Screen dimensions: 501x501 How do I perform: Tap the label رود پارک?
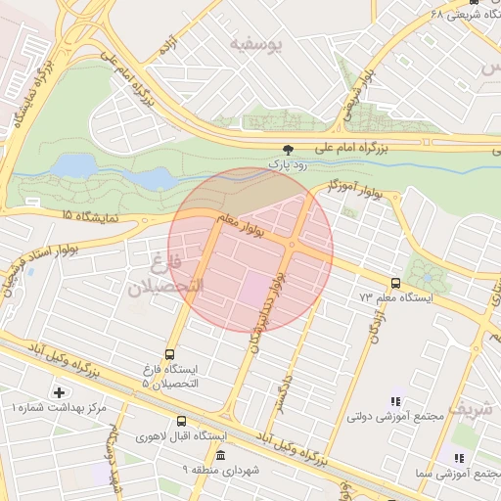288,166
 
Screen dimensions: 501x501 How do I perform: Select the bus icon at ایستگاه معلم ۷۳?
395,282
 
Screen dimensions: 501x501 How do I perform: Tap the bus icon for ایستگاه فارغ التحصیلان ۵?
171,354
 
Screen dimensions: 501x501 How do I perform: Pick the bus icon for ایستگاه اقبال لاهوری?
181,422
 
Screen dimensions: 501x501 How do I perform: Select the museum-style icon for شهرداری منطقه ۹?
220,456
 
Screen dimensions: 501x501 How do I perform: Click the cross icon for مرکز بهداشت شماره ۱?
60,392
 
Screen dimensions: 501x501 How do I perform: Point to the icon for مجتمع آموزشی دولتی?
395,400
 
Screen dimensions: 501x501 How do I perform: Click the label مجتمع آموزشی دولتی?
395,416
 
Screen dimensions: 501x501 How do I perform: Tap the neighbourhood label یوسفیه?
255,45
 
